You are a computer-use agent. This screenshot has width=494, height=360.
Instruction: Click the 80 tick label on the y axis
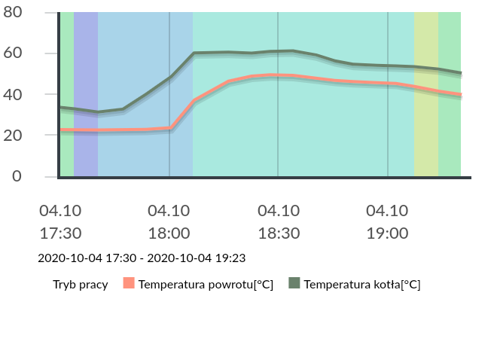tap(13, 13)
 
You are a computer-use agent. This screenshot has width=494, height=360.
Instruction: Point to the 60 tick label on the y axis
tap(13, 53)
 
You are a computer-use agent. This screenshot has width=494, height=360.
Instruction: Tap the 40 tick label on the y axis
tap(13, 94)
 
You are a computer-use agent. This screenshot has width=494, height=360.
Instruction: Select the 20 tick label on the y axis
tap(13, 136)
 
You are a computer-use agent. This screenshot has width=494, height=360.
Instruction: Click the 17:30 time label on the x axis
tap(60, 233)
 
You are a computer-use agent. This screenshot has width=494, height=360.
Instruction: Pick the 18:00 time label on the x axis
tap(169, 233)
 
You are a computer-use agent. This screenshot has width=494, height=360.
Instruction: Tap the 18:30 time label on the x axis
tap(279, 233)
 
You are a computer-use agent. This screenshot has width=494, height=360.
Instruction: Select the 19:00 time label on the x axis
tap(387, 233)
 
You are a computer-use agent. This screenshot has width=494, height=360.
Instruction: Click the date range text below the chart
tap(142, 258)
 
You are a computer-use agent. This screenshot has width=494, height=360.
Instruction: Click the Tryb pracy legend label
tap(80, 284)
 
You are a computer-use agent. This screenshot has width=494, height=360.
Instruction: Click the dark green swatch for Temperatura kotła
tap(294, 283)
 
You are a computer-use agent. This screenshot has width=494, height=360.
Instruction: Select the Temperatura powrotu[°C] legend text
tap(206, 284)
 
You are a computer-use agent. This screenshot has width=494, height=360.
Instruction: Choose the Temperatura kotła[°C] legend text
tap(361, 284)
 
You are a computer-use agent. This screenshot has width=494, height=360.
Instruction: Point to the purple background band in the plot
tap(86, 75)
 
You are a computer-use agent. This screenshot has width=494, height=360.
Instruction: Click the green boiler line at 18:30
tap(279, 51)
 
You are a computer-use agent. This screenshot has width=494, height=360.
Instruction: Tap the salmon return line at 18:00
tap(169, 129)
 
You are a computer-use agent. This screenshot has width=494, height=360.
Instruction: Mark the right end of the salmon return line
tap(460, 95)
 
